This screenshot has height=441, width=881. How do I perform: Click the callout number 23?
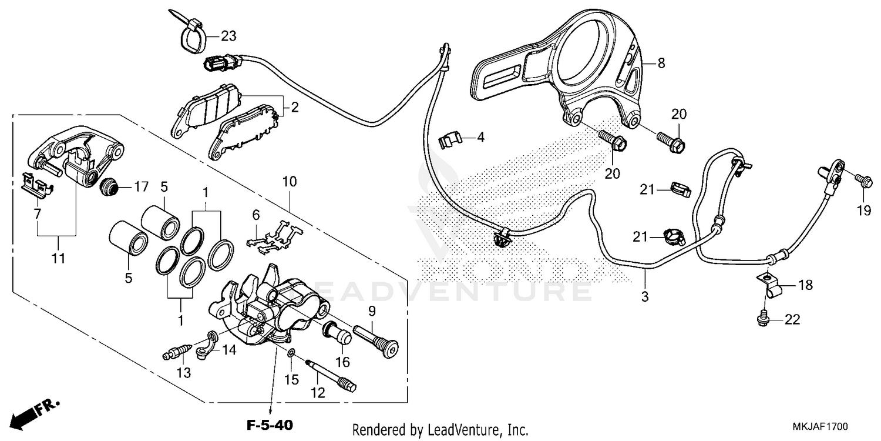228,36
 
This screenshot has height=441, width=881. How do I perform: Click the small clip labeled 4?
450,140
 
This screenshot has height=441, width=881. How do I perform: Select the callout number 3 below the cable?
645,297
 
